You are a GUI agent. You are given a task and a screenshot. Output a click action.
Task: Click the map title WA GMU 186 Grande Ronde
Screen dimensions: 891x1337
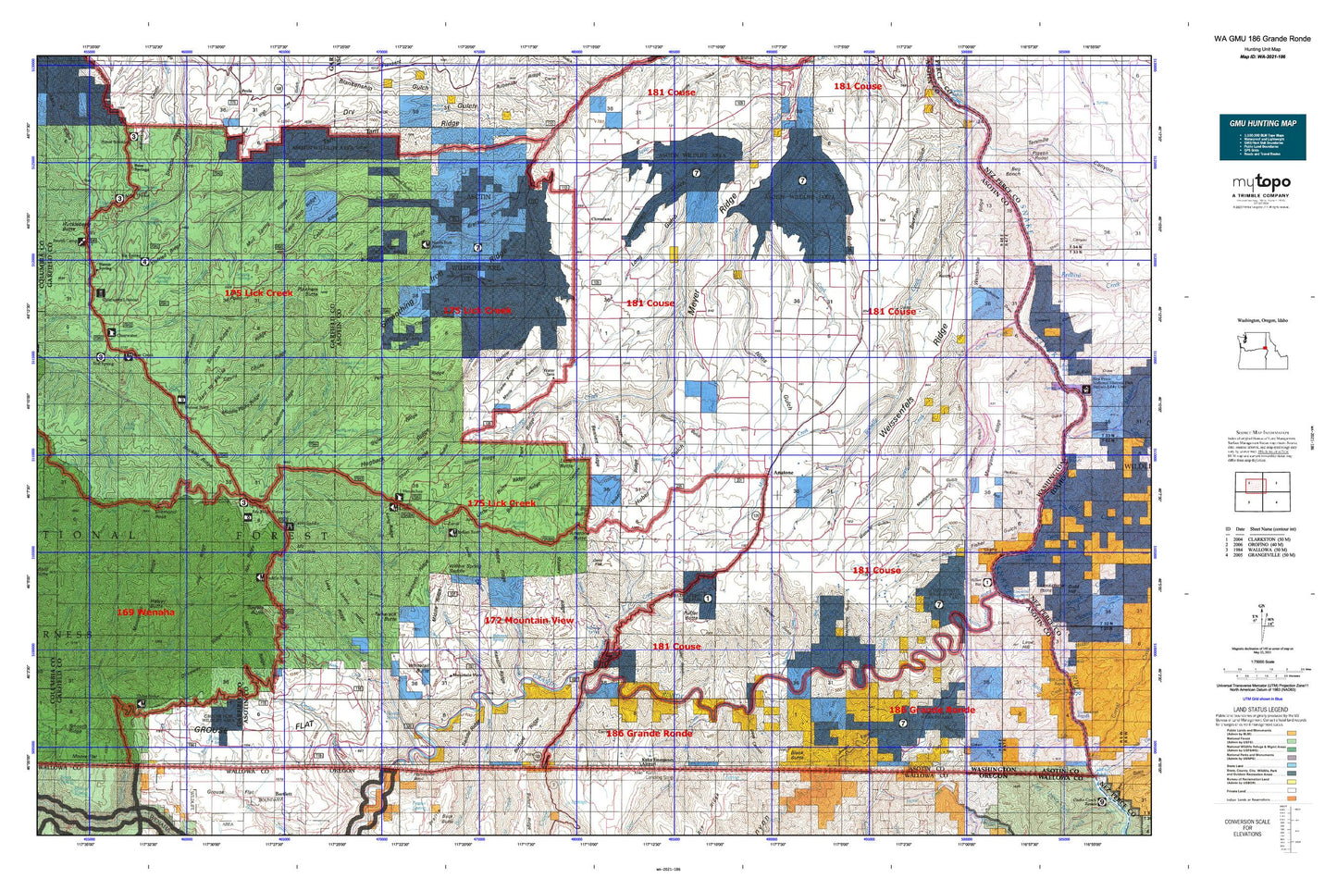pyautogui.click(x=1262, y=39)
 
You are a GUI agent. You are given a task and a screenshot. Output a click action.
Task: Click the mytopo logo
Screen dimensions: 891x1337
pyautogui.click(x=1262, y=183)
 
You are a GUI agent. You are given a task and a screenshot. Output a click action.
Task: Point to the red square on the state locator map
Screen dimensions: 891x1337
pyautogui.click(x=1264, y=348)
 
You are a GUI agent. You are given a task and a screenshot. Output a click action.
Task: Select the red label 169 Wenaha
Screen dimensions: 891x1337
pyautogui.click(x=145, y=612)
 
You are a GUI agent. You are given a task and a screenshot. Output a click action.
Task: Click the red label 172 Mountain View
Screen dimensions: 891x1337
pyautogui.click(x=528, y=620)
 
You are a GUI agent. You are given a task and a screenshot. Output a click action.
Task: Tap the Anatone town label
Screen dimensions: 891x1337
pyautogui.click(x=783, y=473)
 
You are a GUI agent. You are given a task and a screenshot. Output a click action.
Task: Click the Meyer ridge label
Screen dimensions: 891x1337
pyautogui.click(x=695, y=303)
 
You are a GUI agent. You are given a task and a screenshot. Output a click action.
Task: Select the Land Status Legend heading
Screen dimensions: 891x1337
pyautogui.click(x=1262, y=709)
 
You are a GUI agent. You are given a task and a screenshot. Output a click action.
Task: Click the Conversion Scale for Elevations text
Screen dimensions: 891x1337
pyautogui.click(x=1246, y=826)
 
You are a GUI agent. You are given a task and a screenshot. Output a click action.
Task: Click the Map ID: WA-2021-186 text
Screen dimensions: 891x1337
pyautogui.click(x=1262, y=56)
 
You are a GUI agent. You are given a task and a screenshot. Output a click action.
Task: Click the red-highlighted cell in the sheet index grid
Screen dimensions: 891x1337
pyautogui.click(x=1248, y=483)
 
